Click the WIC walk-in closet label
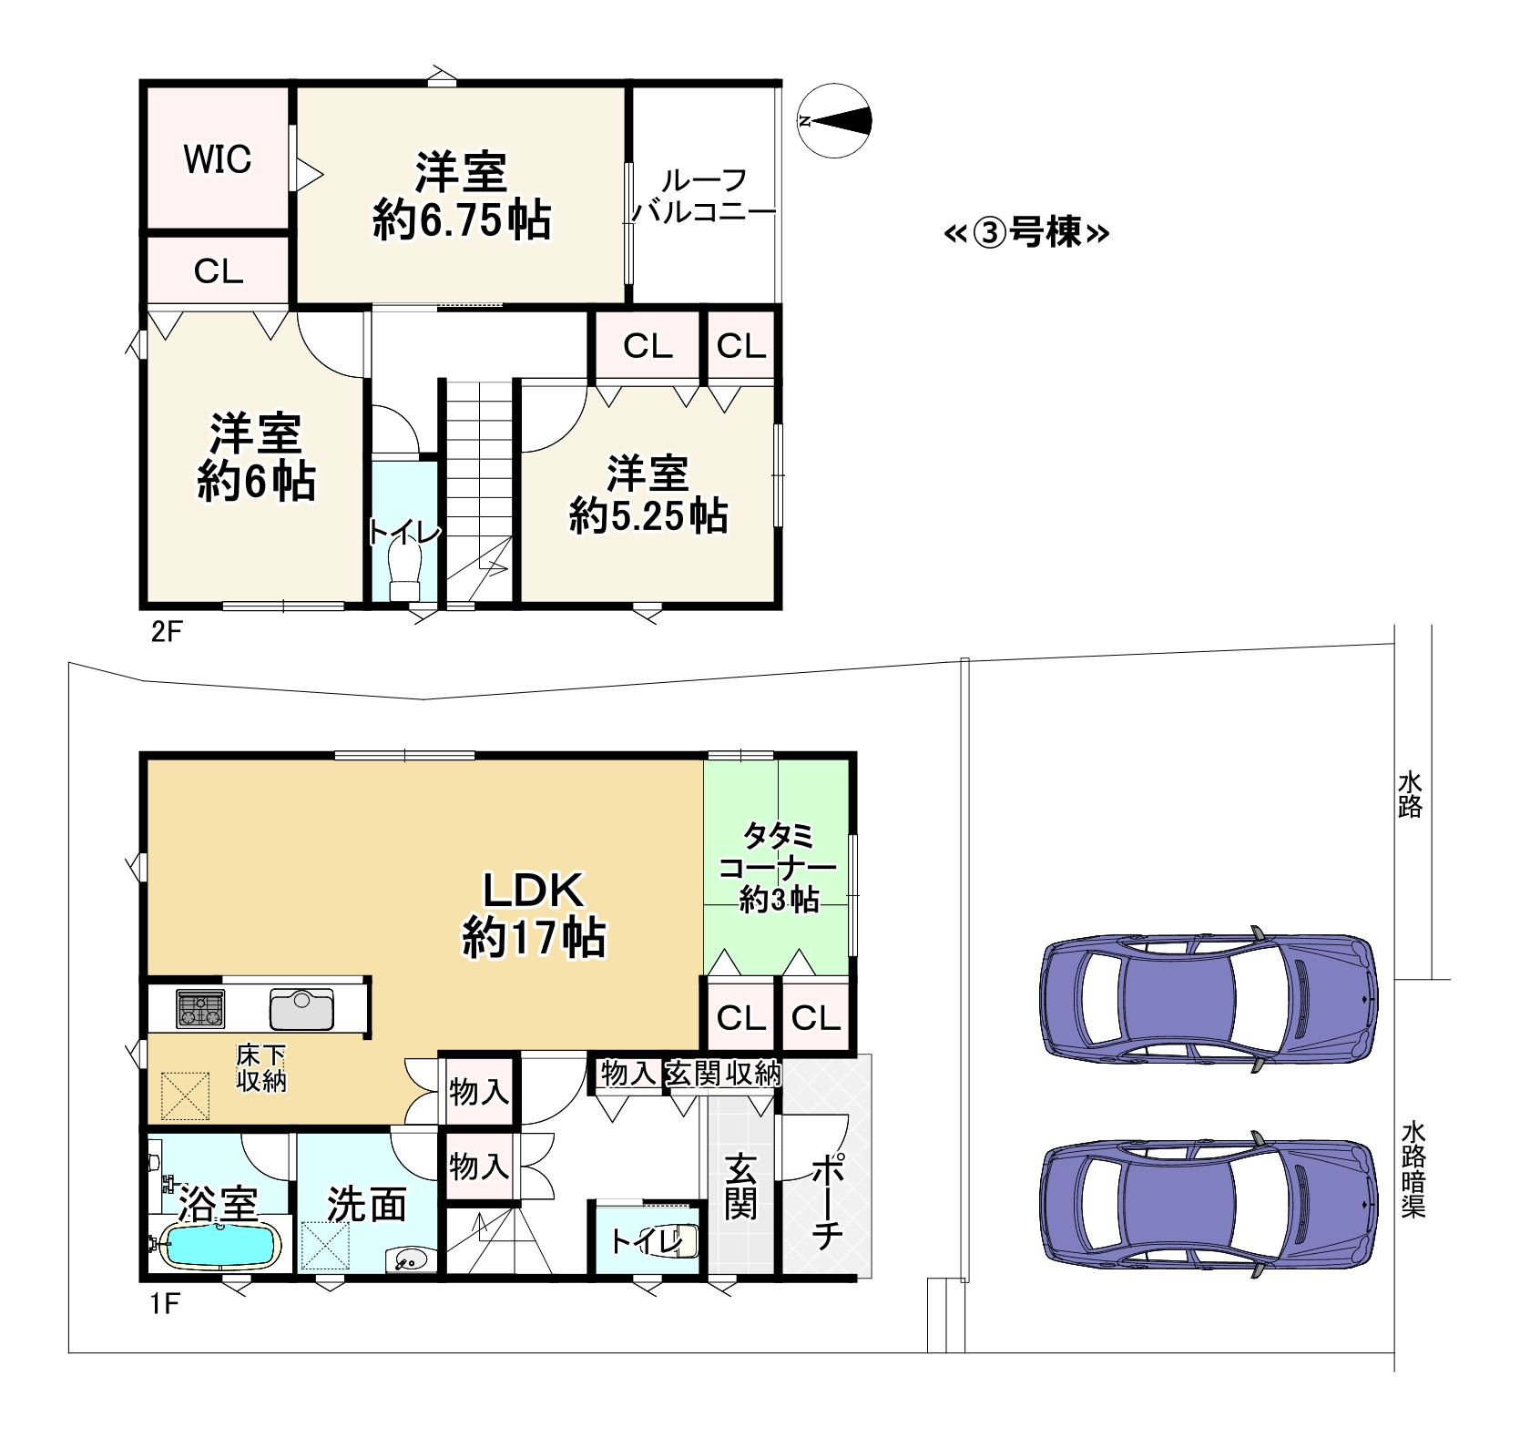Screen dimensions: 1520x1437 (218, 159)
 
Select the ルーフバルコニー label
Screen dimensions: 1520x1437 (704, 197)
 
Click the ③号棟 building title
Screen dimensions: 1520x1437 (1026, 234)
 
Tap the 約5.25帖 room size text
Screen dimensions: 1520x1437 (648, 516)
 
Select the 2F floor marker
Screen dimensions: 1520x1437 (167, 631)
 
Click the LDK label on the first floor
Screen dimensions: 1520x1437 (533, 890)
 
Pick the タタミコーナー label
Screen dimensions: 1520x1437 (779, 850)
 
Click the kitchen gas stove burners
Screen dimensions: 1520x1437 (199, 1008)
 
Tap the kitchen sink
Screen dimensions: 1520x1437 (302, 1009)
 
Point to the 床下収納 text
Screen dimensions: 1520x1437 (260, 1068)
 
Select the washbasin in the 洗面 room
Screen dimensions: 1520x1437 (406, 1259)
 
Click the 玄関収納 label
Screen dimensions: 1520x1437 (723, 1074)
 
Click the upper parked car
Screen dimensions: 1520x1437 (1209, 997)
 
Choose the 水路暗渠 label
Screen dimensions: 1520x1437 (1413, 1169)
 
